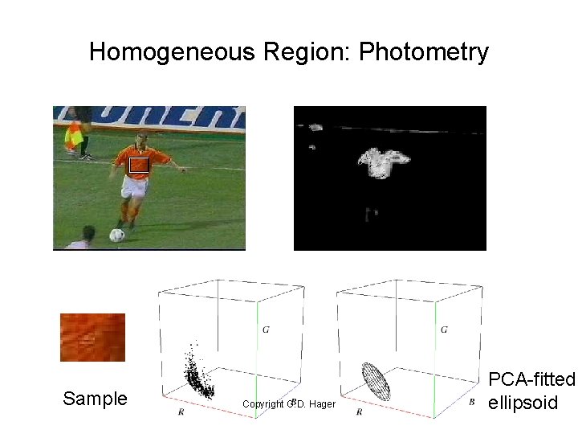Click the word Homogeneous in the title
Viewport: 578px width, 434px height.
170,53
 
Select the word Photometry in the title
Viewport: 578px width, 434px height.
424,53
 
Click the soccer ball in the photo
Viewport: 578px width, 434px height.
117,235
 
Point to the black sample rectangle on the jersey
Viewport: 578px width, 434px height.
138,165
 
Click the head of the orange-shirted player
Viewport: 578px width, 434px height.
142,138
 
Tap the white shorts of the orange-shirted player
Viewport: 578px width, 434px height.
133,187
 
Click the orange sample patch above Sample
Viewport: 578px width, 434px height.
93,338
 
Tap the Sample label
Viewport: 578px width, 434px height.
95,399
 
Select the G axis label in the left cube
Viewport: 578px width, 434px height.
266,330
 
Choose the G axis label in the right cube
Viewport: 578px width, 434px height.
444,330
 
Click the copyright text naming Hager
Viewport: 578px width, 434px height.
288,403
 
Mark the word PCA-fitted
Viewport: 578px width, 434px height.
532,379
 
